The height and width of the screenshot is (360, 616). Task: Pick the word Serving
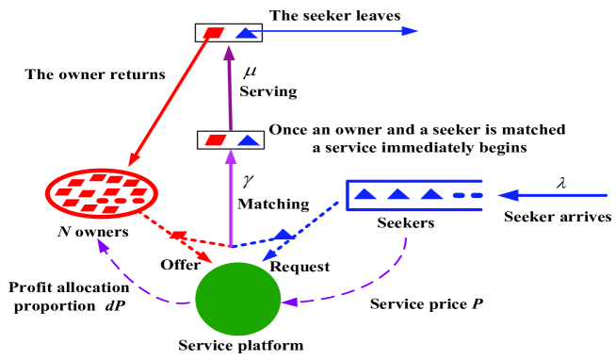[268, 92]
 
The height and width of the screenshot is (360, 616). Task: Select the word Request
[300, 267]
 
